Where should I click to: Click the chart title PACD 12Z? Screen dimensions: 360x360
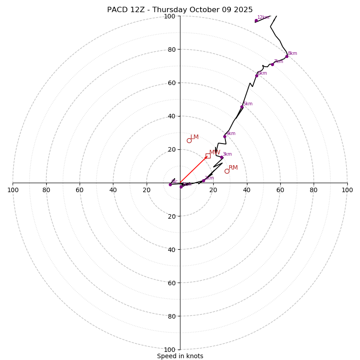pos(180,10)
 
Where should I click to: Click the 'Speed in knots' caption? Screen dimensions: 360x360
pos(180,356)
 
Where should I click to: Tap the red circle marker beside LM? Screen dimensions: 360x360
pos(189,140)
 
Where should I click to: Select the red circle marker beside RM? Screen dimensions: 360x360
pos(227,171)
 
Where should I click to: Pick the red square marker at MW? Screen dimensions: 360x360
pos(208,156)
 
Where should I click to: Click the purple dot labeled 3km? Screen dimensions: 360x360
pos(221,157)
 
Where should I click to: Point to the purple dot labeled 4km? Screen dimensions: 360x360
pos(225,136)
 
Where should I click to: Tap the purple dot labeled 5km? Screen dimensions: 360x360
pos(242,107)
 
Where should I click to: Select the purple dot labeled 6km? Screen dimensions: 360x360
pos(256,76)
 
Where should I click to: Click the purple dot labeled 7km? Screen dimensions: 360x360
pos(272,64)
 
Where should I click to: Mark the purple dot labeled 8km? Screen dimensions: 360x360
pos(287,56)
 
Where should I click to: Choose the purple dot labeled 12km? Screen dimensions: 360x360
pos(256,20)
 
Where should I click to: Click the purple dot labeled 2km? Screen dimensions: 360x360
pos(203,180)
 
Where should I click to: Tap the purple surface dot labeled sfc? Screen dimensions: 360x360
pos(170,184)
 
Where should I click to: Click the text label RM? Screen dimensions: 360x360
pos(233,168)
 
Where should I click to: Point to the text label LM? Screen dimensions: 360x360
pos(194,137)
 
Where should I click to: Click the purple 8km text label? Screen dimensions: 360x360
pos(292,54)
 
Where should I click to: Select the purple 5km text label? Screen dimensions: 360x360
pos(247,104)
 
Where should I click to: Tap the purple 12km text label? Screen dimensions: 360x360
pos(263,18)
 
